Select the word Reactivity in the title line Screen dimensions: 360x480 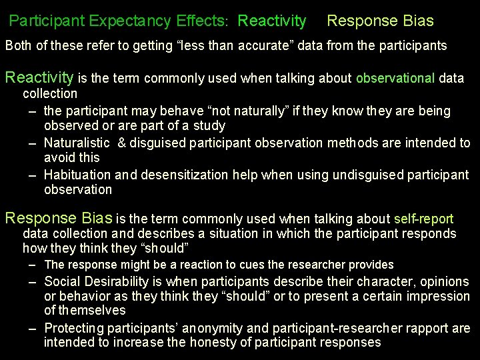point(271,21)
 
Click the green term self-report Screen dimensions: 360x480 point(423,219)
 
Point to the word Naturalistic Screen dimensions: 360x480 point(77,143)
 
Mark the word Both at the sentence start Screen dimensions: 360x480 point(19,47)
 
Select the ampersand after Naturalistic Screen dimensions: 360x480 point(122,143)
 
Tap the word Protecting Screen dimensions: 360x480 point(75,328)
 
